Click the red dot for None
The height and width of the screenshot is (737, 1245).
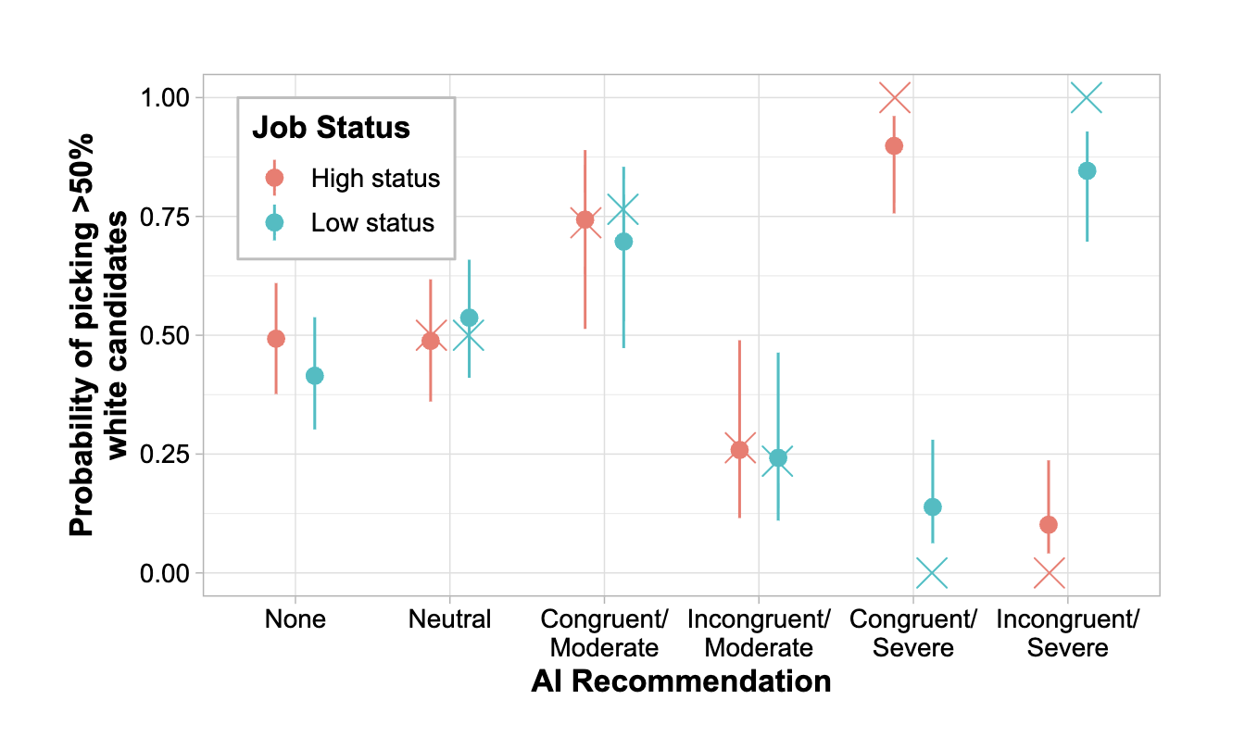point(276,339)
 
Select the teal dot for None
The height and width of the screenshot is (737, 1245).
point(315,376)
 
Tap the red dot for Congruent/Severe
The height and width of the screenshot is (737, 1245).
point(894,145)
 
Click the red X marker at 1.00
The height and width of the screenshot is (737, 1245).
point(894,97)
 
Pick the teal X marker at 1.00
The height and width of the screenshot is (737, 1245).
point(1087,97)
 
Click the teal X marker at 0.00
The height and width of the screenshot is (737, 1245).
point(932,573)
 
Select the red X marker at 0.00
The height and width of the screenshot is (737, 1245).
point(1049,573)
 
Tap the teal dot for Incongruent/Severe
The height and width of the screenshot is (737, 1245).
point(1088,170)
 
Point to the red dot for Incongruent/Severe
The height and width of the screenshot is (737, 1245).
point(1049,525)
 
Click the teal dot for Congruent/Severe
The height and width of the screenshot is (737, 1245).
point(933,506)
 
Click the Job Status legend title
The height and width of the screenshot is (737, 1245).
point(331,128)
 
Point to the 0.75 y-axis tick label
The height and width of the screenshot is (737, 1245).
point(163,217)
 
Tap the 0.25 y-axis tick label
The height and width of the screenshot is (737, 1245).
point(163,455)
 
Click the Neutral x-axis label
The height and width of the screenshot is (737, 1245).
point(449,618)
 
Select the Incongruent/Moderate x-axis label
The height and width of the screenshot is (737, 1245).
point(759,632)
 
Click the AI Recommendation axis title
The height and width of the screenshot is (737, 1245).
point(681,682)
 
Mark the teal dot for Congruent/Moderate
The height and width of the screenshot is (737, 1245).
point(623,242)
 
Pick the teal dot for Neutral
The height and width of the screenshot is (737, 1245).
point(469,318)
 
